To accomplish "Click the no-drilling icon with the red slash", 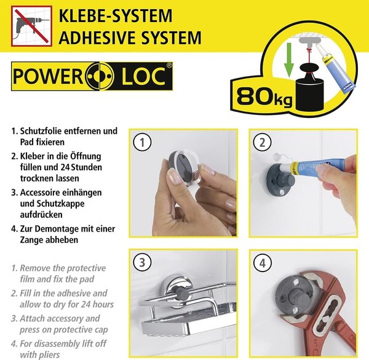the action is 31,26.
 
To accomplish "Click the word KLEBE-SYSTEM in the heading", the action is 116,16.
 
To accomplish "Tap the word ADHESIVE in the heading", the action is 98,37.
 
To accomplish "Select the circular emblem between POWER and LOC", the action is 100,76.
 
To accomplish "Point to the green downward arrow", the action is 289,60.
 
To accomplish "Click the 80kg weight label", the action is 264,96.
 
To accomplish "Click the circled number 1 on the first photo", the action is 143,143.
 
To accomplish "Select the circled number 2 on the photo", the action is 263,143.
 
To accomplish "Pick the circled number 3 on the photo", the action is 143,262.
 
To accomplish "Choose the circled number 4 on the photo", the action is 263,263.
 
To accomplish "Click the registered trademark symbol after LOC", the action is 169,66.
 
